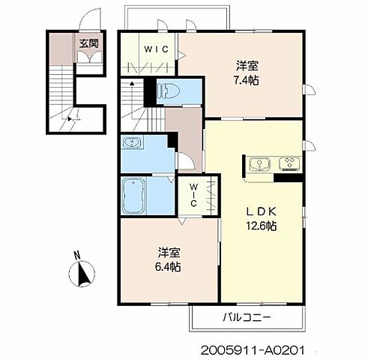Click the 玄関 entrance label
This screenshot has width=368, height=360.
pyautogui.click(x=89, y=43)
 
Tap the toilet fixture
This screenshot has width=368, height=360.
pyautogui.click(x=168, y=91)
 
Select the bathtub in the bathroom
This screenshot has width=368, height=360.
pyautogui.click(x=133, y=196)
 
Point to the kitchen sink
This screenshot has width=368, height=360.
pyautogui.click(x=260, y=163)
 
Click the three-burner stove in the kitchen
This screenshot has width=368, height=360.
pyautogui.click(x=290, y=163)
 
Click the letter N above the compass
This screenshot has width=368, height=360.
pyautogui.click(x=77, y=256)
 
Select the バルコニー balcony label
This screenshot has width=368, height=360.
pyautogui.click(x=247, y=317)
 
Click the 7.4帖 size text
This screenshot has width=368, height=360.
pyautogui.click(x=246, y=80)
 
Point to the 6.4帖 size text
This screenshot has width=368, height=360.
pyautogui.click(x=168, y=267)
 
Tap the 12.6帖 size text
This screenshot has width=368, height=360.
pyautogui.click(x=262, y=226)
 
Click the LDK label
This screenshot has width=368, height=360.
pyautogui.click(x=262, y=212)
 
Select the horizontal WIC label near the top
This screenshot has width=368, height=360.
pyautogui.click(x=156, y=49)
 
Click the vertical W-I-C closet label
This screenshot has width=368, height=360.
pyautogui.click(x=193, y=195)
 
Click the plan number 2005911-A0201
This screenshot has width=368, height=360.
pyautogui.click(x=253, y=350)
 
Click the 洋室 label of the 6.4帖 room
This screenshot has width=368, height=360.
pyautogui.click(x=169, y=253)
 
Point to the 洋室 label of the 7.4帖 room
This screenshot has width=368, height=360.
pyautogui.click(x=247, y=66)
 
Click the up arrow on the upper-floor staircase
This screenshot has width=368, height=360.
pyautogui.click(x=132, y=85)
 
